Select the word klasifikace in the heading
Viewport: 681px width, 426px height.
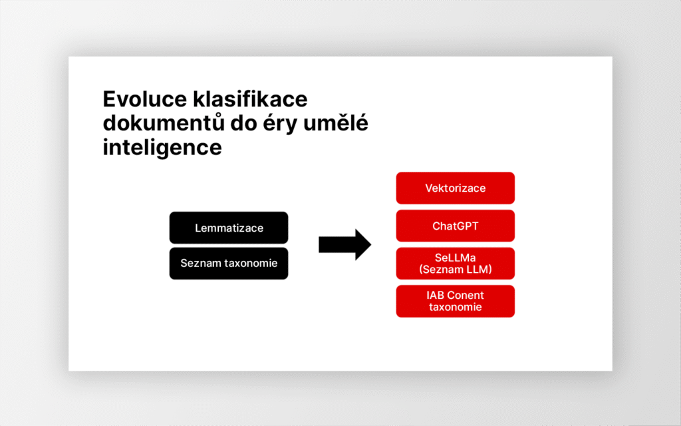point(250,99)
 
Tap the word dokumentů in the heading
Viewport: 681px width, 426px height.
point(164,123)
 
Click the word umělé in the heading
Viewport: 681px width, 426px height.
point(336,123)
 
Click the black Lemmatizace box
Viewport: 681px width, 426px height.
point(229,228)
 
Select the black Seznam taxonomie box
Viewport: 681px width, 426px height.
point(229,264)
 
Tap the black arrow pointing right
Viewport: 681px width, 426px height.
point(345,245)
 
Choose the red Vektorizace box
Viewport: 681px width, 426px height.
point(455,188)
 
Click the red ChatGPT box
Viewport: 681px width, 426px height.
point(455,226)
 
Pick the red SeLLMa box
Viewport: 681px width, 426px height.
point(455,264)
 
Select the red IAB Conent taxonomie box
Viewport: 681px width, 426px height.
point(455,302)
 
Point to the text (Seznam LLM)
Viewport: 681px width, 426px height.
point(455,270)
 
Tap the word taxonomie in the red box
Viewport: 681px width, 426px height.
point(455,308)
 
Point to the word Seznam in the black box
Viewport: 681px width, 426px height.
point(201,264)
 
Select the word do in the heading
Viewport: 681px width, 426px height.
point(243,123)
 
